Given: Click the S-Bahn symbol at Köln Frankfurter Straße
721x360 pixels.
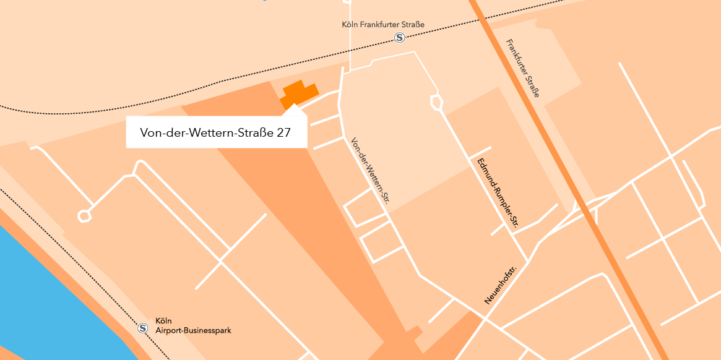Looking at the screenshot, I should pos(400,38).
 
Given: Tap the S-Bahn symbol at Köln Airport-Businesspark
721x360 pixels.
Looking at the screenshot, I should pos(143,328).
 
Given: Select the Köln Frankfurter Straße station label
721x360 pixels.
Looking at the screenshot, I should pos(383,25).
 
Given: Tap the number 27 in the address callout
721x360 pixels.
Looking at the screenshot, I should pos(284,132).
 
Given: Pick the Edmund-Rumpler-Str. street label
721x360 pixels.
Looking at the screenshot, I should pos(497,194).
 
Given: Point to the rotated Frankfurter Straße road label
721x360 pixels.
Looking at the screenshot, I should pos(523,68).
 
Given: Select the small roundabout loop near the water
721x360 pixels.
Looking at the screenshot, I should pos(84,215).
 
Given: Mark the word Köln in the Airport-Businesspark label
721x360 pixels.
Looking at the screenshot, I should pos(163,321).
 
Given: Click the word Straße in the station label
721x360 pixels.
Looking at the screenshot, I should pos(414,25).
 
